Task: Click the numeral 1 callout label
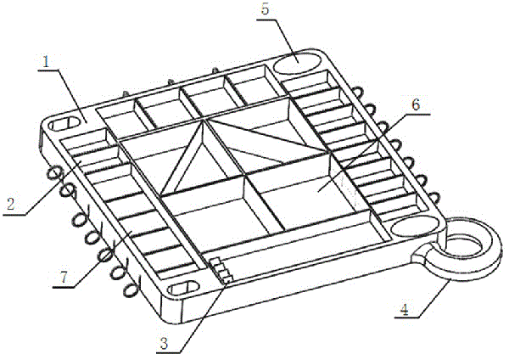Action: pos(46,61)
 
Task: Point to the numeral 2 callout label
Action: pos(11,205)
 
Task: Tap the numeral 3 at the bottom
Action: pos(165,343)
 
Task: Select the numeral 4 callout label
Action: pos(404,309)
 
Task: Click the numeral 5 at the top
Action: pos(265,9)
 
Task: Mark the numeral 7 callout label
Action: pos(64,277)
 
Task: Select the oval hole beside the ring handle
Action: pos(414,226)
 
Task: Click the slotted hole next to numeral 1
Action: pos(64,124)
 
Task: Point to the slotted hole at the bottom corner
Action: pos(183,288)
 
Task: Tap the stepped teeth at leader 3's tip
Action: pos(221,269)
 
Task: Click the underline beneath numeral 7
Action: pos(63,287)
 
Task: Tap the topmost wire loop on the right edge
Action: pos(357,92)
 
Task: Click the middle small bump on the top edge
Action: pos(171,83)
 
